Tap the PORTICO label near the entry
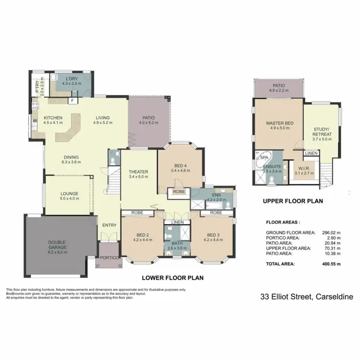(x=108, y=258)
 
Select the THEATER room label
(x=138, y=172)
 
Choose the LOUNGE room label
(x=69, y=193)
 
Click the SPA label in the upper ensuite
(x=263, y=156)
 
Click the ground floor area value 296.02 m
(x=329, y=233)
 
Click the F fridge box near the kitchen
(x=72, y=101)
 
